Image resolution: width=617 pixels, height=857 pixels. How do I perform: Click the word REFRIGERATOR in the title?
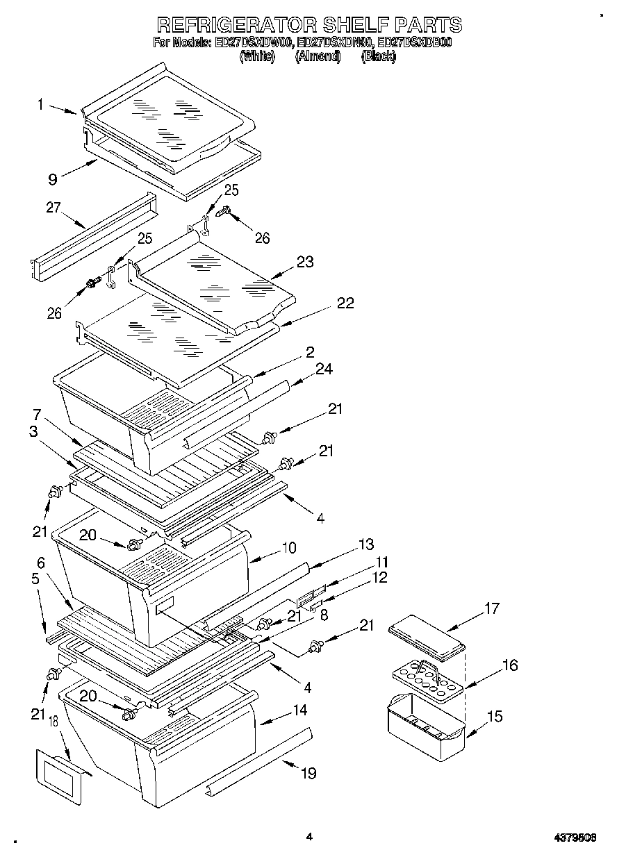(x=236, y=25)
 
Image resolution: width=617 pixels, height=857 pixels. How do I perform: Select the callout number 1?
(x=41, y=105)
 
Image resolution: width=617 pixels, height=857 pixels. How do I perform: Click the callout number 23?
(x=304, y=263)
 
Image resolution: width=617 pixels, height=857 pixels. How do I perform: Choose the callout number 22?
(x=345, y=303)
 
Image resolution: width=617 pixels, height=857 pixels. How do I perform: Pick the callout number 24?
(x=323, y=370)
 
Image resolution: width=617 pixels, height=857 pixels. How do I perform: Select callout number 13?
(x=365, y=544)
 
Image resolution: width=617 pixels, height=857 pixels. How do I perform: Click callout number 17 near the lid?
(x=491, y=609)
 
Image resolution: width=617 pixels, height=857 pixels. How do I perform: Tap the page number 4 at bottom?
(x=310, y=838)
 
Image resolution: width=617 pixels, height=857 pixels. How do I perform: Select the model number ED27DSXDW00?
(x=254, y=43)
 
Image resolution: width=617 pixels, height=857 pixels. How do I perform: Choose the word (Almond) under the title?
(x=318, y=57)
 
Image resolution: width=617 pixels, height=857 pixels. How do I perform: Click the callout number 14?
(x=299, y=710)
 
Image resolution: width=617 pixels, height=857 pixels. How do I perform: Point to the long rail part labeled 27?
(x=94, y=236)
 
